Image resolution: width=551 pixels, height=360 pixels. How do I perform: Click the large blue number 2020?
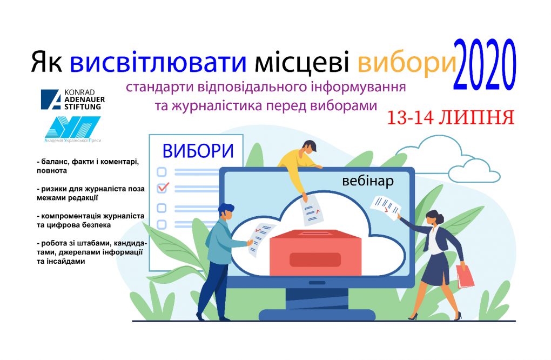coord(484,65)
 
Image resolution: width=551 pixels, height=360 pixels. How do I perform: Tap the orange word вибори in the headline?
coord(407,63)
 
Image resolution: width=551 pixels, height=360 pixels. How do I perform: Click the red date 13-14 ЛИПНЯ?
coord(451,117)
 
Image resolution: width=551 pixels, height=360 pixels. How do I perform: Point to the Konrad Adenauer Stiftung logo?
coord(73,99)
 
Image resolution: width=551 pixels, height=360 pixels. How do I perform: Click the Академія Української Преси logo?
coord(73,129)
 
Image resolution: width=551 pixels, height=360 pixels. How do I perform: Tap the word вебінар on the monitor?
coord(367,181)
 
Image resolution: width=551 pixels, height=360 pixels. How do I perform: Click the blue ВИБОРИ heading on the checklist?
coord(198,151)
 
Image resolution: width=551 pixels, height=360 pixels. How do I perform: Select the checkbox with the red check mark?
coord(162,189)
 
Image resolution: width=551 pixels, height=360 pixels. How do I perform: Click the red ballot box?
coord(315,252)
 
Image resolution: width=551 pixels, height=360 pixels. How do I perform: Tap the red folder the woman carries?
coord(465,276)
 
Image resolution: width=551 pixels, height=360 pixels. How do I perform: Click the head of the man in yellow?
coord(308,148)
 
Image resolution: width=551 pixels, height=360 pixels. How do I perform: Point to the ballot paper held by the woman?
coord(386,208)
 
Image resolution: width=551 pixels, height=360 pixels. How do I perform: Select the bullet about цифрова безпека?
coord(90,221)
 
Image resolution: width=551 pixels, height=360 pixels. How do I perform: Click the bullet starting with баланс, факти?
coord(88,166)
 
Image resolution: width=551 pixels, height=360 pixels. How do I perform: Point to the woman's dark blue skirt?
coord(435,269)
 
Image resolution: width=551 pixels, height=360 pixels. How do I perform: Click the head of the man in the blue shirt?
coord(226,212)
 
